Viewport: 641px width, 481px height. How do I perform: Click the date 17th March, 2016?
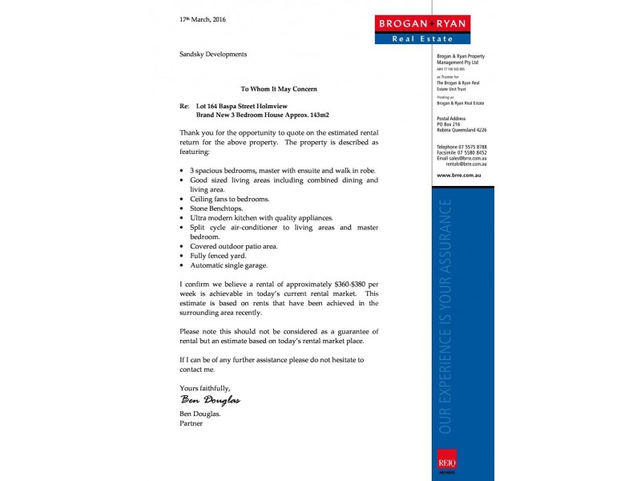pos(203,19)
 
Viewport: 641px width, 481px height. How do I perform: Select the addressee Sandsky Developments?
pos(213,55)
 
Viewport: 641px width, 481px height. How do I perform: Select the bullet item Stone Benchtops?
pos(218,208)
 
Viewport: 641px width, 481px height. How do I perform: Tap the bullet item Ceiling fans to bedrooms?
pos(229,199)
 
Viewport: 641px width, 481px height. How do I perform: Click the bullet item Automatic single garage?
pos(228,265)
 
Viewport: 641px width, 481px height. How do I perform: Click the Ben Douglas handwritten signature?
pos(210,400)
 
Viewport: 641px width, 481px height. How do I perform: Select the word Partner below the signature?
pos(191,423)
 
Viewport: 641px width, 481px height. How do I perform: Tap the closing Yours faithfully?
pos(204,388)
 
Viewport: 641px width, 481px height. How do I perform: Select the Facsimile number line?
pos(462,153)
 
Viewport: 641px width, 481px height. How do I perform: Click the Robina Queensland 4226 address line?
pos(462,130)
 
